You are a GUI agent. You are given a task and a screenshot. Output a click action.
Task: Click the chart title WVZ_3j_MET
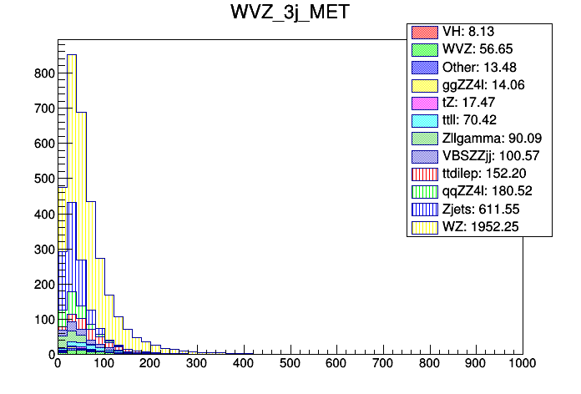pyautogui.click(x=290, y=13)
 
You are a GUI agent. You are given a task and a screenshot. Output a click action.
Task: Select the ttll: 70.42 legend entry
pyautogui.click(x=480, y=120)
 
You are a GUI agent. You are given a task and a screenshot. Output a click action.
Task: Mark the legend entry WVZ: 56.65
pyautogui.click(x=479, y=50)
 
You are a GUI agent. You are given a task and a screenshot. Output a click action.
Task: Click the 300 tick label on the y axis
pyautogui.click(x=43, y=249)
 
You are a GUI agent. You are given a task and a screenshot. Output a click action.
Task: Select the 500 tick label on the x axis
pyautogui.click(x=290, y=365)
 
